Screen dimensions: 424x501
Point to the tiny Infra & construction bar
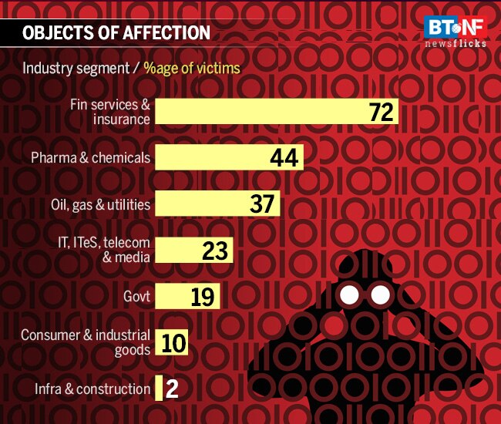click(x=159, y=389)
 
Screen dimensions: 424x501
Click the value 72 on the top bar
click(x=381, y=113)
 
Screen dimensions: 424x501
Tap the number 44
click(x=284, y=159)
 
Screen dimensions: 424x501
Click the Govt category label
click(x=136, y=296)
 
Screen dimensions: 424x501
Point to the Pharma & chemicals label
click(x=90, y=158)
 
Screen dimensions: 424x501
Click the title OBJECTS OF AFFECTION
click(x=116, y=32)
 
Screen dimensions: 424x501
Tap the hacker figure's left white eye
click(x=350, y=294)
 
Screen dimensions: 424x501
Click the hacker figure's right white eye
click(x=380, y=294)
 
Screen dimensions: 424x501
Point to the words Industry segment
click(x=76, y=68)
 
